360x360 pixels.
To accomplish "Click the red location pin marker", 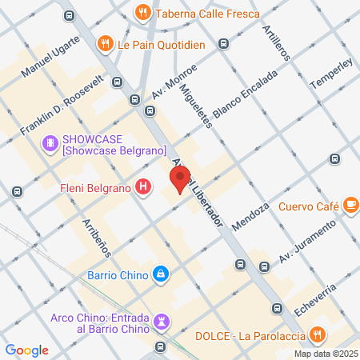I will pyautogui.click(x=180, y=179).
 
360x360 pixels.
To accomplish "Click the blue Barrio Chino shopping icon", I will pyautogui.click(x=162, y=274).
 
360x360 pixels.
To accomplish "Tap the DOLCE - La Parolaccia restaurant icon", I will pyautogui.click(x=318, y=334).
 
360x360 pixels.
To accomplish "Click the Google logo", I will pyautogui.click(x=27, y=350).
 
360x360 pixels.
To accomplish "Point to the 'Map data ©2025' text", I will pyautogui.click(x=326, y=354).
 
